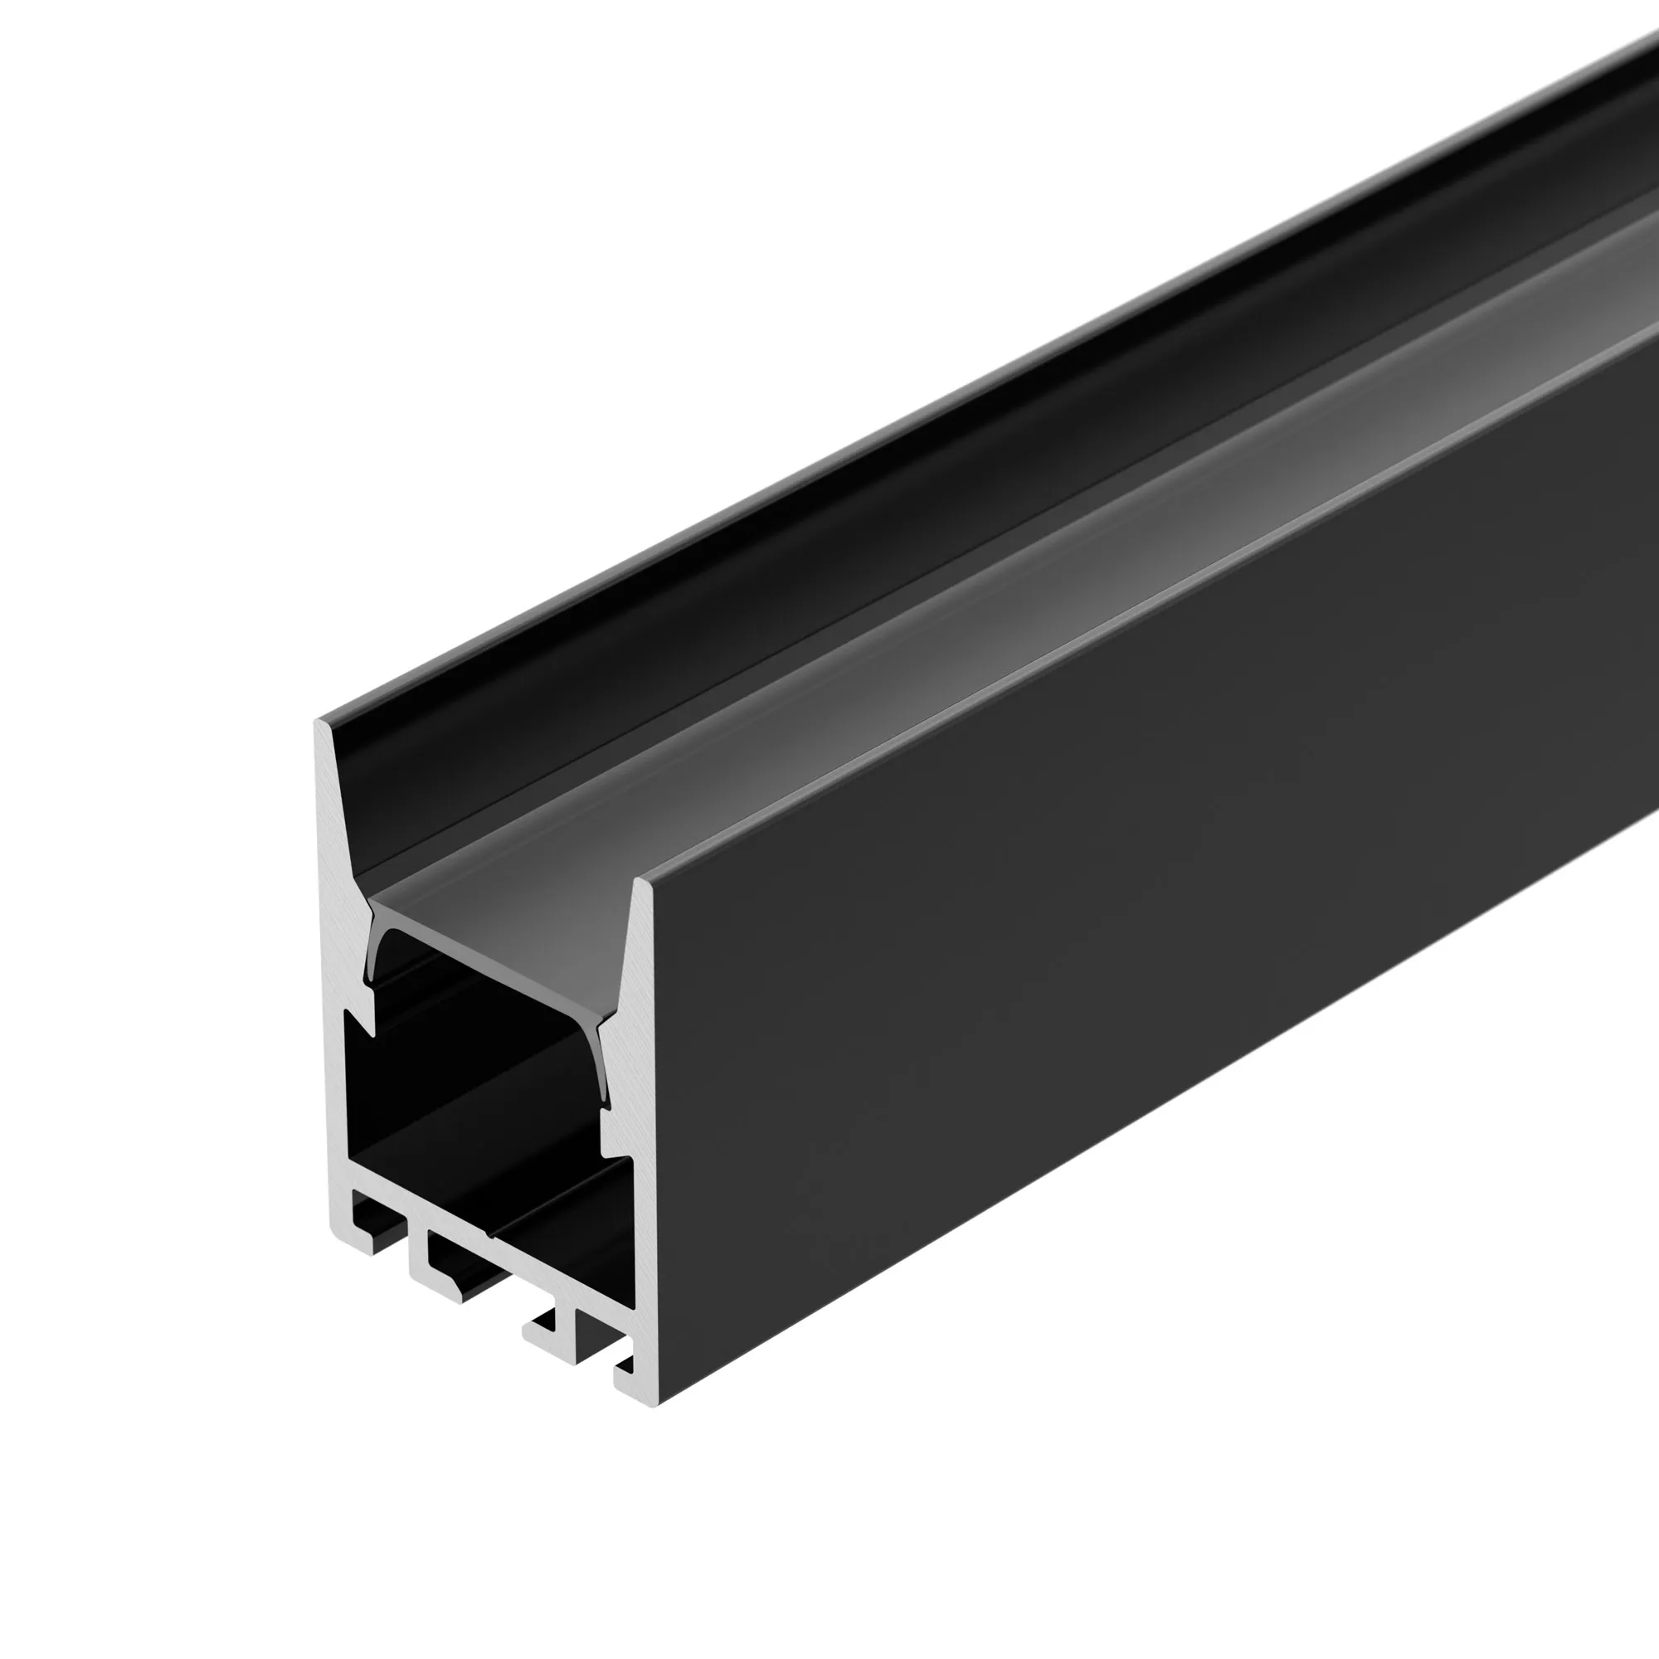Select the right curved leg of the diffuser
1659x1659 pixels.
(x=606, y=1065)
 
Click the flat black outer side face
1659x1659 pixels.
(x=1117, y=945)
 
